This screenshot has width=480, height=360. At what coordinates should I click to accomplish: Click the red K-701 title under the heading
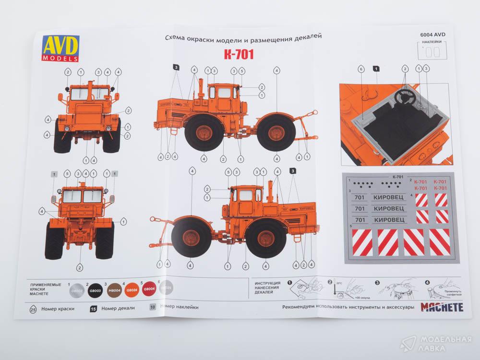[x=239, y=53]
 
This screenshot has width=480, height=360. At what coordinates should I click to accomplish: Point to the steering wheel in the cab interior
[x=404, y=96]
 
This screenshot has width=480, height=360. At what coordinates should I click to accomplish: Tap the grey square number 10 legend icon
[x=152, y=307]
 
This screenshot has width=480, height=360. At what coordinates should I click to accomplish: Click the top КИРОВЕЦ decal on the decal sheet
[x=387, y=197]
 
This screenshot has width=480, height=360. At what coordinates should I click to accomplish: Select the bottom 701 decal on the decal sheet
[x=359, y=220]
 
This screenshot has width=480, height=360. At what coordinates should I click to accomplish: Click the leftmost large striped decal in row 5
[x=362, y=242]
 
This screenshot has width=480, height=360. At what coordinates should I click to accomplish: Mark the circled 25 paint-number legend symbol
[x=33, y=308]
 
